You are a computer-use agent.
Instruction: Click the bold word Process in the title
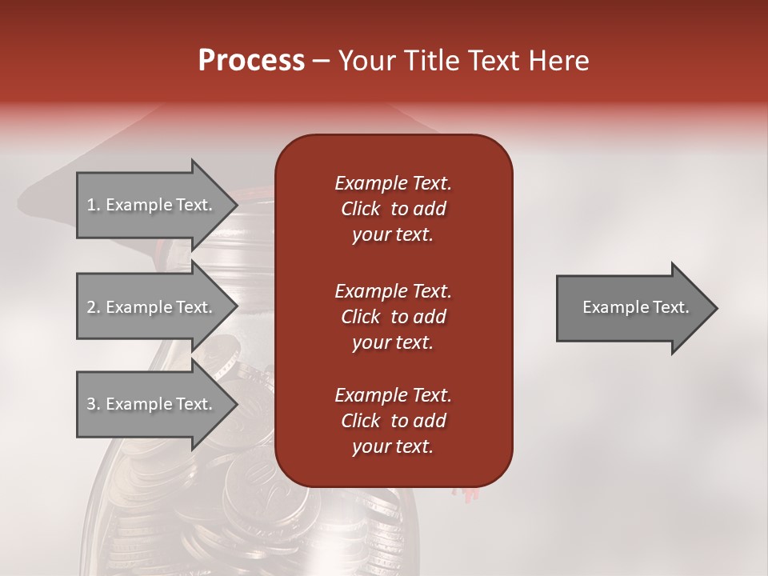[x=251, y=61]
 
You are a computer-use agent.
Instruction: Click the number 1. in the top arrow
[x=94, y=205]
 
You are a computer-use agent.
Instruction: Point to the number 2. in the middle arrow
[x=94, y=307]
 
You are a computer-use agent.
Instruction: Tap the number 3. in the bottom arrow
[x=94, y=404]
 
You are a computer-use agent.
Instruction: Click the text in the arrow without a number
[x=635, y=307]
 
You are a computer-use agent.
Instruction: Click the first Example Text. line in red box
[x=393, y=183]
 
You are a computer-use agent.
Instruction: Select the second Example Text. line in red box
[x=393, y=290]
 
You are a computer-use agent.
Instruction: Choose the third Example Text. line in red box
[x=393, y=395]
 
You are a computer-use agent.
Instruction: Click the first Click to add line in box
[x=393, y=210]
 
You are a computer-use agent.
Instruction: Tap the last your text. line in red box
[x=393, y=447]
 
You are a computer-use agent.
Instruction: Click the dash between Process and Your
[x=321, y=62]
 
